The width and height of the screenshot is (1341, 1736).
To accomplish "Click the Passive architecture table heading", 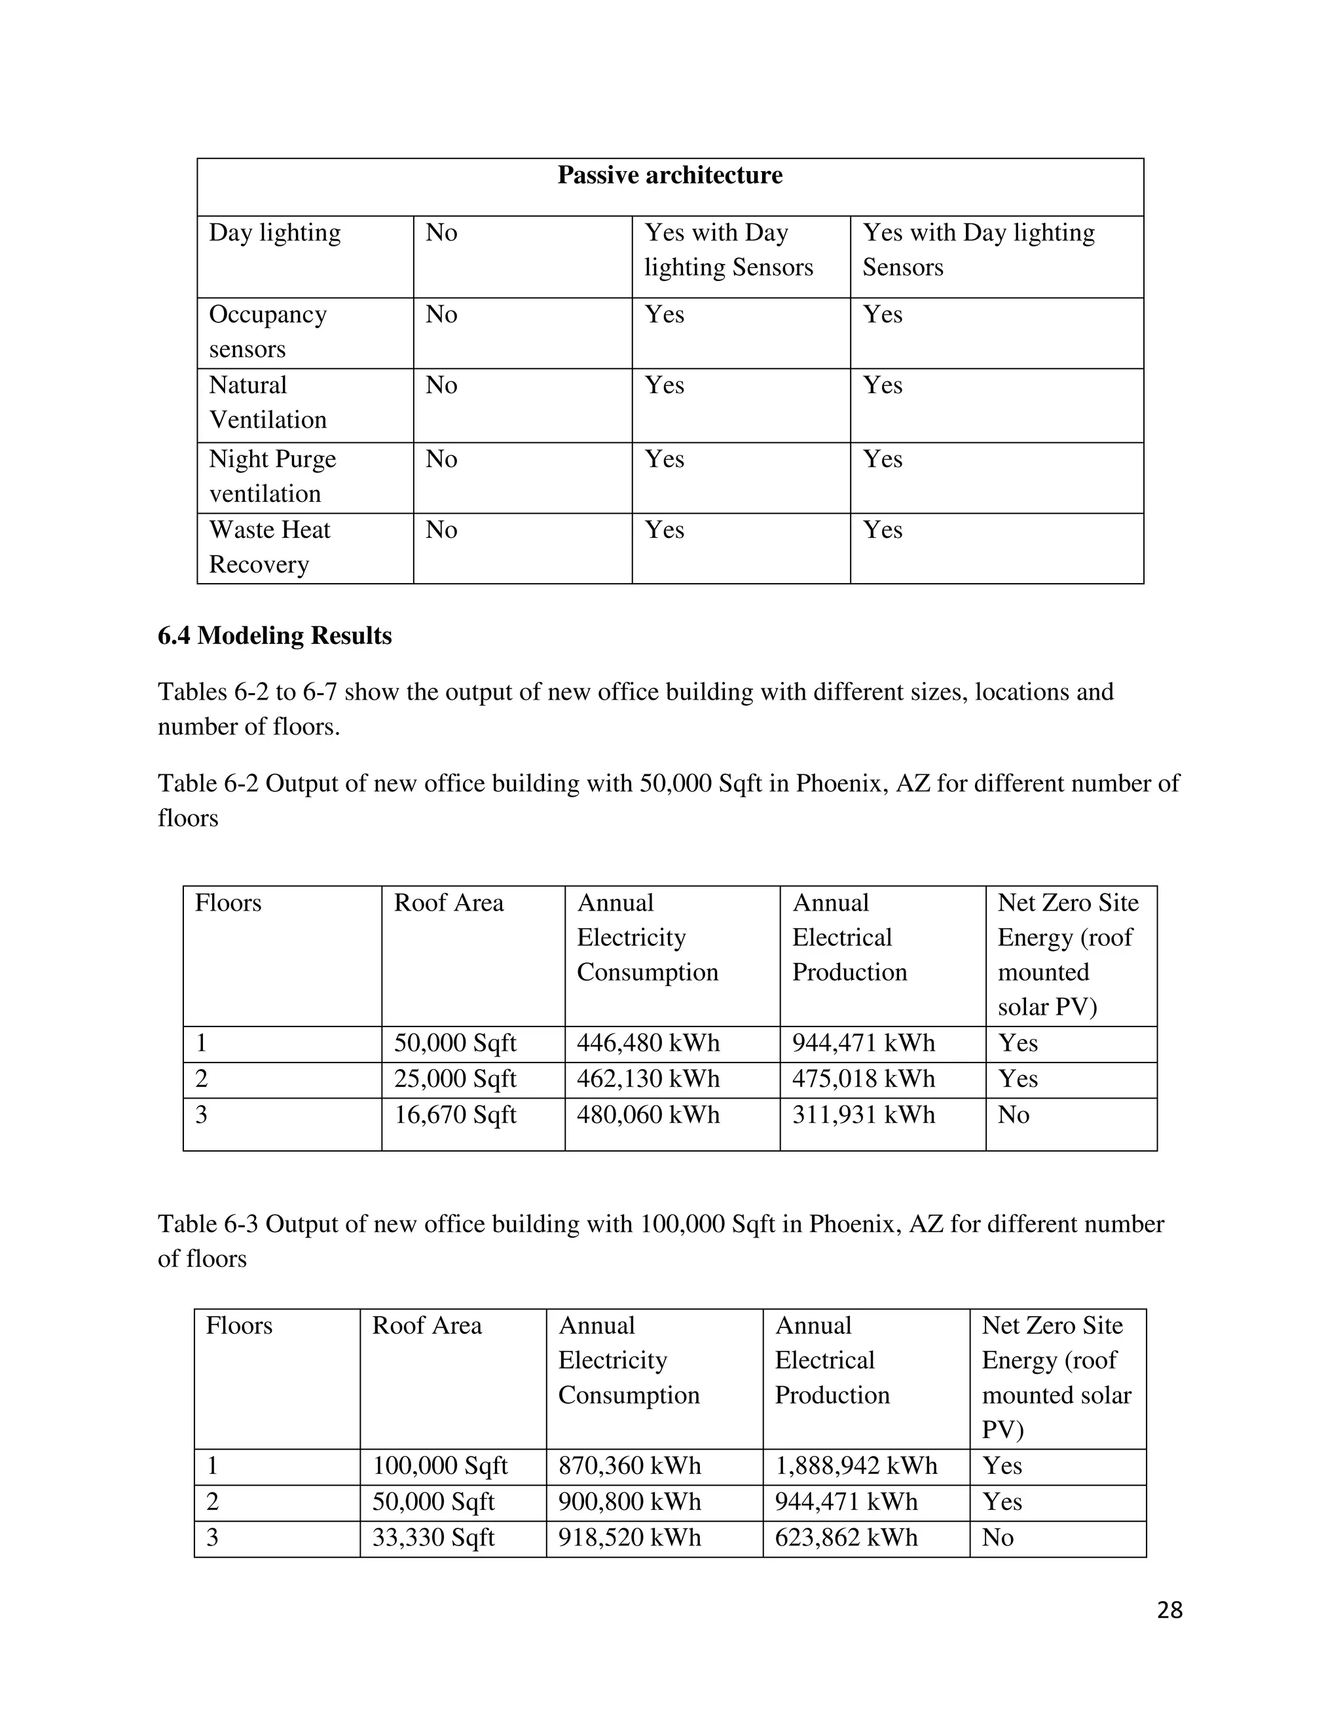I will pos(670,176).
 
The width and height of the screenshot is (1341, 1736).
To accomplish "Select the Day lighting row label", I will pos(275,233).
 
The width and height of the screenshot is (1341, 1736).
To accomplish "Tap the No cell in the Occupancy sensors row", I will pos(442,314).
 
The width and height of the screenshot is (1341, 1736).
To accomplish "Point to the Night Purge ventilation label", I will pos(272,476).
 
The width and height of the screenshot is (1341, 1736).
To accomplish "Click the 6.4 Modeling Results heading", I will pos(275,636).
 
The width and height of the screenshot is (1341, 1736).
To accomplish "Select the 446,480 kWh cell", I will pos(648,1043).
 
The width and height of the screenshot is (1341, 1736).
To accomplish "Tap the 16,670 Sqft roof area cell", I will pos(455,1115).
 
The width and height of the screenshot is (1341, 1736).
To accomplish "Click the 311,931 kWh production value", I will pos(864,1115).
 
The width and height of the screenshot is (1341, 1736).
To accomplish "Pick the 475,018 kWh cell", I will pos(864,1079).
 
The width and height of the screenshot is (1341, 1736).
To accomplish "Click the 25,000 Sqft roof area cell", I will pos(455,1079).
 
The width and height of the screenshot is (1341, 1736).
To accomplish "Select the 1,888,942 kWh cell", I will pos(856,1465).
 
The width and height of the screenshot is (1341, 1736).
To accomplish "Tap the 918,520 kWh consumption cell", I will pos(630,1538).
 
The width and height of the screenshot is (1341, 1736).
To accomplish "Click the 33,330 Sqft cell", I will pos(433,1538).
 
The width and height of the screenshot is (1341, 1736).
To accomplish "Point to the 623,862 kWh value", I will pos(846,1538).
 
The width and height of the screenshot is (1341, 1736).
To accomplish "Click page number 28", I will pos(1169,1610).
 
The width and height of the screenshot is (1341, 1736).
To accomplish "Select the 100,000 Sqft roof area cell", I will pos(440,1465).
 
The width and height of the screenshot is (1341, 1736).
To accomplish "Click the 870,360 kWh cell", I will pos(630,1465).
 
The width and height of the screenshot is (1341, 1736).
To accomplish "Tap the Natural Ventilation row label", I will pos(268,402).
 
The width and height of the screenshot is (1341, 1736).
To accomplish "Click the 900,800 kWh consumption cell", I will pos(630,1501).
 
